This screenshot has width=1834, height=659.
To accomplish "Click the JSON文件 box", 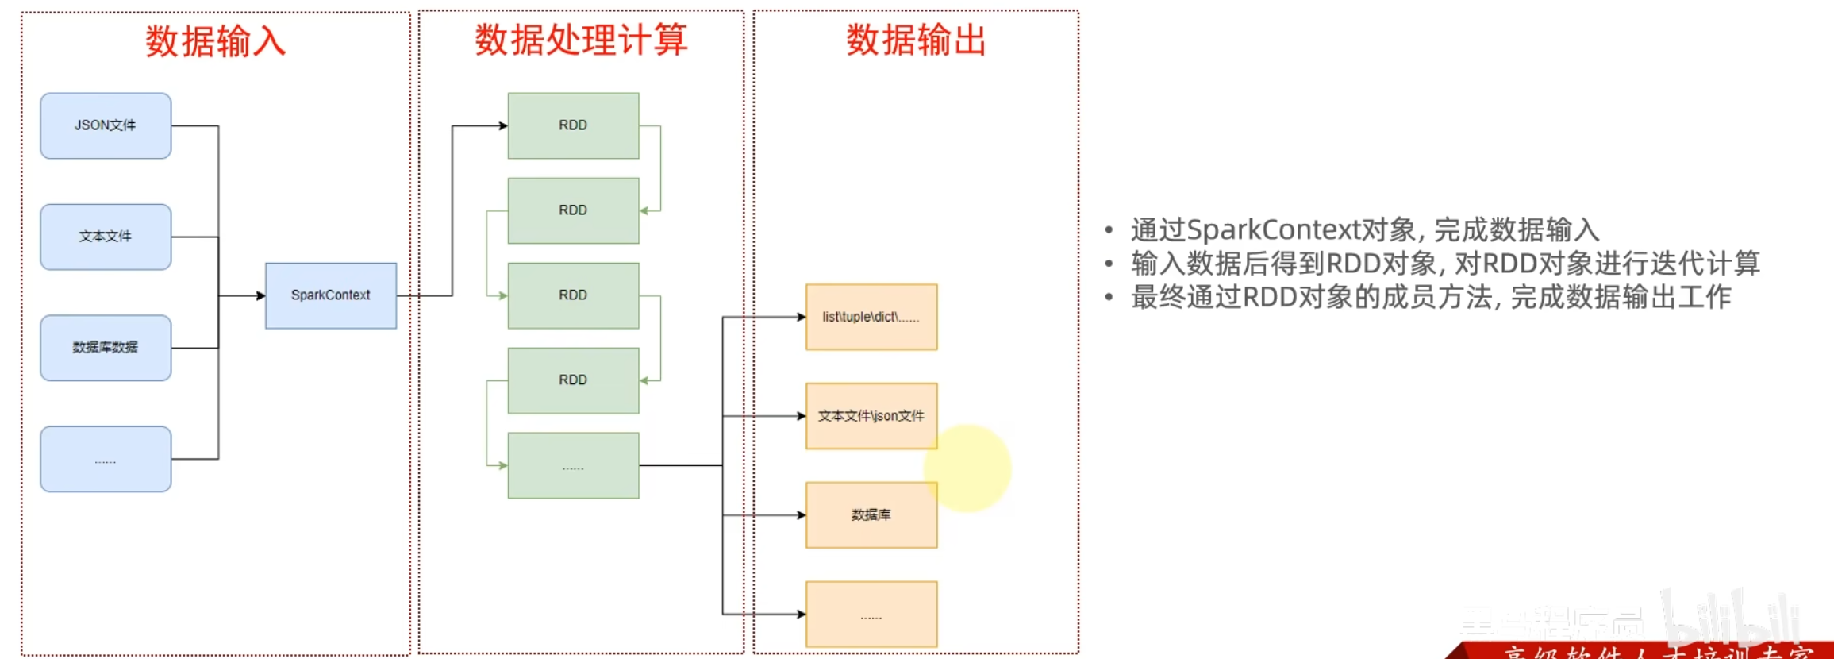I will [106, 125].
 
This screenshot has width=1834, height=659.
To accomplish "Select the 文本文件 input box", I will [106, 237].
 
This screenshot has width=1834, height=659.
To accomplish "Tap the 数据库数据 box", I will [106, 348].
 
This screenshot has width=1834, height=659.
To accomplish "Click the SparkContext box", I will [331, 295].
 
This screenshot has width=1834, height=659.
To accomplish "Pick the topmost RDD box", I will [573, 125].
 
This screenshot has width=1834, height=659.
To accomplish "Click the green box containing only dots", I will [573, 465].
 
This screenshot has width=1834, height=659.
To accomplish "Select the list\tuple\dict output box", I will [871, 317].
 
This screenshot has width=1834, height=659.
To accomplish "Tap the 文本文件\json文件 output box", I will [871, 416].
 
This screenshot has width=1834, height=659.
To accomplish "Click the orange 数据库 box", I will [871, 515].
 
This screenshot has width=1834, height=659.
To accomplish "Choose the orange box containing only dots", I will [871, 614].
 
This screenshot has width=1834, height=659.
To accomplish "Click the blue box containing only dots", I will [106, 459].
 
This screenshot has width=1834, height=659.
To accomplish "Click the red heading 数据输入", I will [215, 41].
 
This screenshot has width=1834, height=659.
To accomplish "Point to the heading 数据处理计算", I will [581, 40].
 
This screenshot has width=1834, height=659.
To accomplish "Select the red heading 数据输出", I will [916, 40].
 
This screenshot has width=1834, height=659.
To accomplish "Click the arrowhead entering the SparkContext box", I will [260, 296].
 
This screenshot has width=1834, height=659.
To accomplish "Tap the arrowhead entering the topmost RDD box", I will [503, 125].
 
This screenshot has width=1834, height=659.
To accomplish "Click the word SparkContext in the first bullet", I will [1273, 230].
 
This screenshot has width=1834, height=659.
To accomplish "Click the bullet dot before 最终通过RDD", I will [1109, 298].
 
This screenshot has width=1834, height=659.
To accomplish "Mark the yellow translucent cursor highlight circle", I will [968, 468].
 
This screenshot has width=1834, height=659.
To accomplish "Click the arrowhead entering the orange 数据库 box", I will [802, 515].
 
